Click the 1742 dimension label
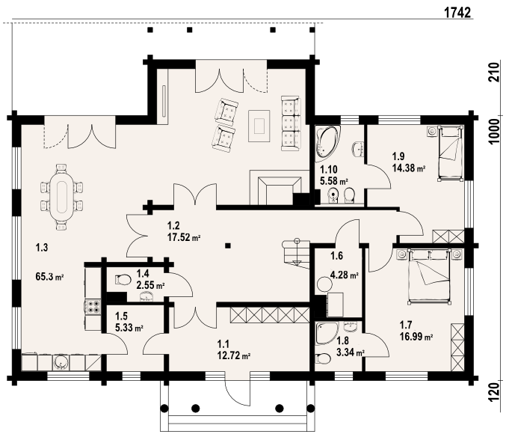(x=457, y=13)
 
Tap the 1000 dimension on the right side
(x=494, y=132)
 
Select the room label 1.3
(x=42, y=248)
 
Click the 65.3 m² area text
(x=49, y=278)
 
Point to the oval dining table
(x=62, y=198)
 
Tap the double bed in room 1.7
(x=430, y=276)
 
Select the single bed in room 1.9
(x=450, y=153)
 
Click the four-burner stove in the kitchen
(x=93, y=307)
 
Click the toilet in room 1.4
(x=123, y=280)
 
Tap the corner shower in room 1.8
(x=326, y=333)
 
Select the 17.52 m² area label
(x=184, y=237)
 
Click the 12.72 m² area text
(x=234, y=355)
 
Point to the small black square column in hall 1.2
(x=228, y=246)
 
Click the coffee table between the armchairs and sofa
(x=259, y=126)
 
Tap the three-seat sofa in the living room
(x=290, y=123)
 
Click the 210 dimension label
(x=494, y=72)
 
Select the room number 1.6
(x=336, y=256)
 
